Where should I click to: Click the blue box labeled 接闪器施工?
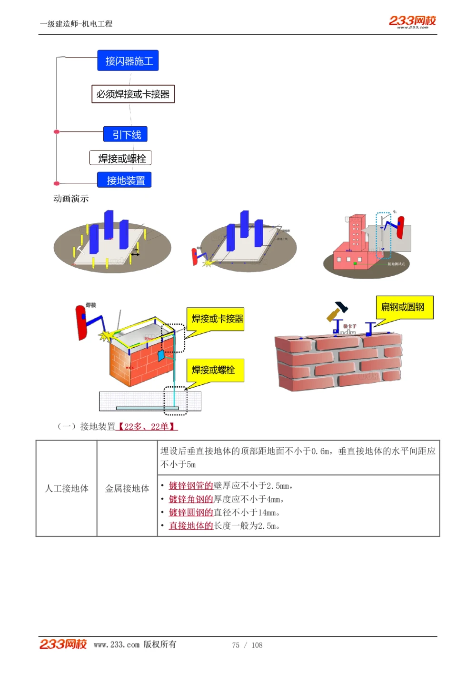[x=128, y=61]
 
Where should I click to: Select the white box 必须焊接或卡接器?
[x=133, y=94]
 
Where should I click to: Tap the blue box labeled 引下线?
[x=126, y=135]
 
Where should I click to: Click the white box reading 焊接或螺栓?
[x=121, y=158]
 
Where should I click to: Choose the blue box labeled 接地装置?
[x=125, y=180]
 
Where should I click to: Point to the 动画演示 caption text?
[x=71, y=199]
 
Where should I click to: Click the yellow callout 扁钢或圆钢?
[x=405, y=307]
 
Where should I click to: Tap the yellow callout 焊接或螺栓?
[x=215, y=370]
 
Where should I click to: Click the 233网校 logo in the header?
[x=412, y=21]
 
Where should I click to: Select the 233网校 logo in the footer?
[x=63, y=644]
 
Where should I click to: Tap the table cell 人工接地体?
[x=67, y=488]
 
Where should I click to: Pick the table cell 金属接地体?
[x=127, y=488]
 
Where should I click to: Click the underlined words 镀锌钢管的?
[x=191, y=485]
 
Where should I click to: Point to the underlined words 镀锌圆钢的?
[x=191, y=512]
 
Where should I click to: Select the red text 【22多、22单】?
[x=147, y=426]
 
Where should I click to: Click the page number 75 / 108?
[x=247, y=645]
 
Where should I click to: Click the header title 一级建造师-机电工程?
[x=76, y=24]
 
